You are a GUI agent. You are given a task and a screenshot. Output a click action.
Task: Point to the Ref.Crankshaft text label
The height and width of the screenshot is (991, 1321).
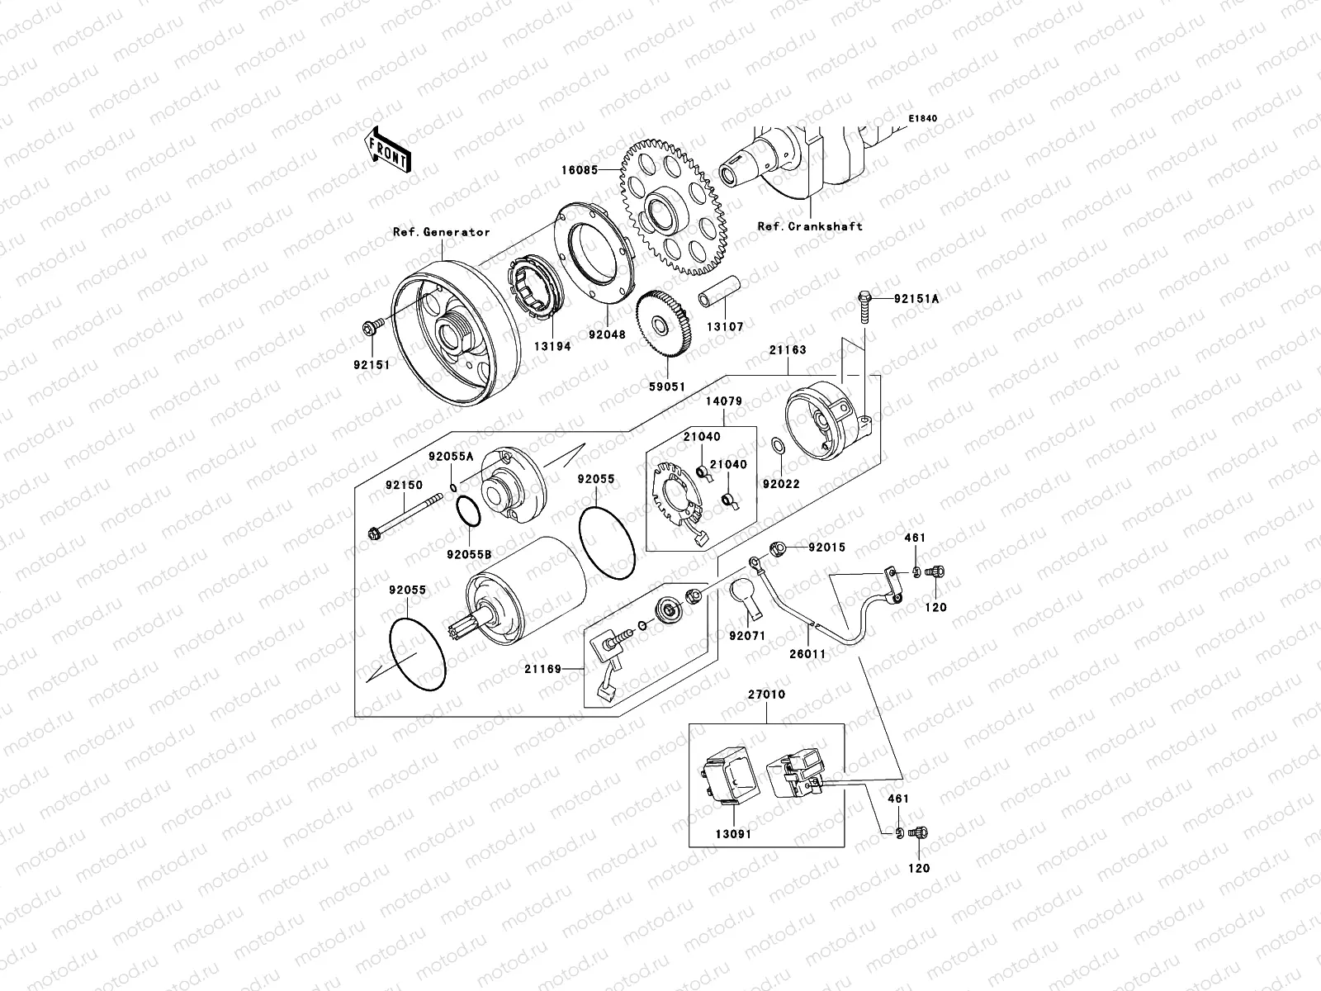809,225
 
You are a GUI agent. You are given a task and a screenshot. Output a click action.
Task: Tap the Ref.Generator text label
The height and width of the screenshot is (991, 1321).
441,232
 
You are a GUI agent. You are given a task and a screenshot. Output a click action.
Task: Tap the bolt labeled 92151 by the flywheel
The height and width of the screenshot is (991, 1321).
369,330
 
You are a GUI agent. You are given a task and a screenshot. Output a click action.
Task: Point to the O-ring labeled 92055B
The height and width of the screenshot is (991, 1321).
468,514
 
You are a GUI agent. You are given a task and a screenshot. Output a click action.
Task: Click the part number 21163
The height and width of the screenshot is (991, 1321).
788,350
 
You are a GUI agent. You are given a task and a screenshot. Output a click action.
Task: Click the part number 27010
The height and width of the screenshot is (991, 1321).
768,695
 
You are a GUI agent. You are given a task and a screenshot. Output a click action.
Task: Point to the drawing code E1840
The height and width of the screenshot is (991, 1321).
922,119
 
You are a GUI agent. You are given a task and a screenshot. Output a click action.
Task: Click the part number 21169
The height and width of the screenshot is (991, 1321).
542,670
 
